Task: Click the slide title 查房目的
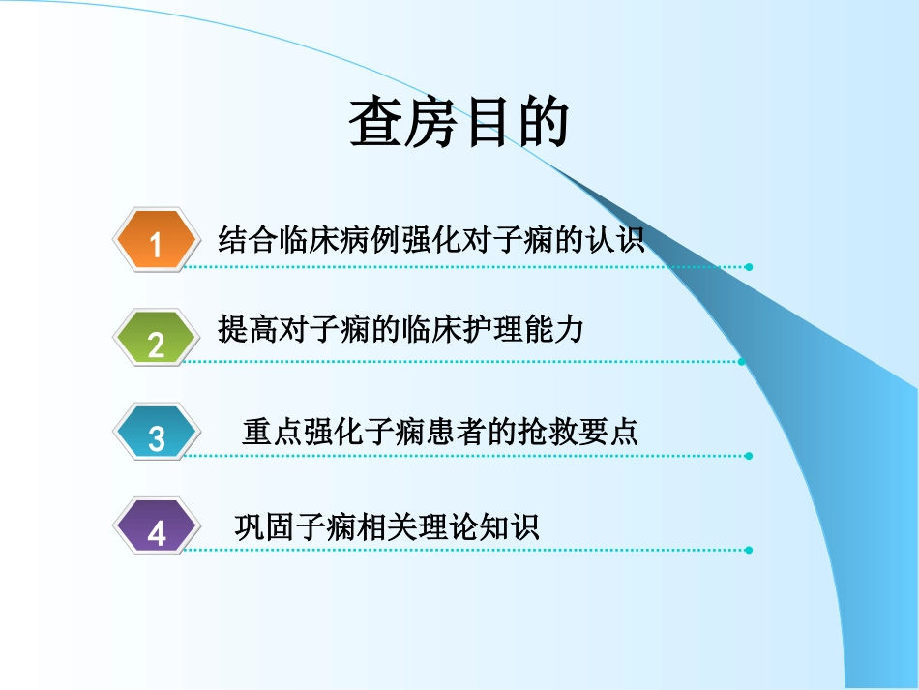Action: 459,123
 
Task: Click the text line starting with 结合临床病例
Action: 431,238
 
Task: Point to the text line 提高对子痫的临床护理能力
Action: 401,332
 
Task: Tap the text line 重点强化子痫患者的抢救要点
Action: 440,432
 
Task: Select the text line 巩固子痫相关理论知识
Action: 387,526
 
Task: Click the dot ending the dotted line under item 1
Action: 749,267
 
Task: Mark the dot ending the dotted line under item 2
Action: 742,362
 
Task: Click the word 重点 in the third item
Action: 272,432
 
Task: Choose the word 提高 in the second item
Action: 248,332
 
